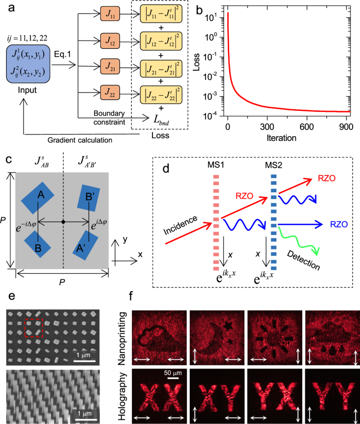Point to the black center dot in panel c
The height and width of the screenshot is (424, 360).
pyautogui.click(x=63, y=222)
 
